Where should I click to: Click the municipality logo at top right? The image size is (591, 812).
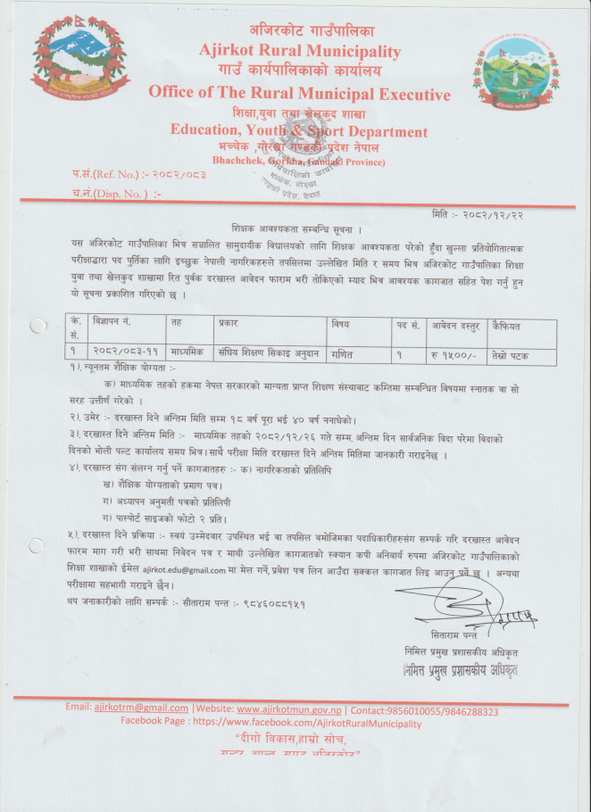pos(518,71)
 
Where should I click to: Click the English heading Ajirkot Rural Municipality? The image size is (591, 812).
pos(300,51)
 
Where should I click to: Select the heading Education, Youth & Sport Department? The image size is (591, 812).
pos(300,129)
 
